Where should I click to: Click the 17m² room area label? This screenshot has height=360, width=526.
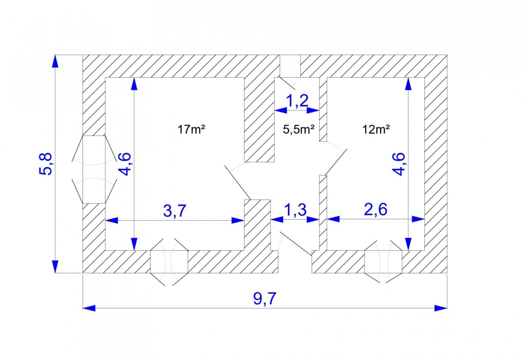pos(192,129)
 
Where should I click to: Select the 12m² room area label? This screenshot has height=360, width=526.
pos(377,129)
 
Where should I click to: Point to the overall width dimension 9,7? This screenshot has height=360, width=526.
pos(265,298)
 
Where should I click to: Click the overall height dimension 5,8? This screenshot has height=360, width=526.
pos(46,164)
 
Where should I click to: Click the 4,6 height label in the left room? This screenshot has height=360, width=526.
pos(125,164)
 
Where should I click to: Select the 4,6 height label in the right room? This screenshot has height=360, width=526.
pos(398,164)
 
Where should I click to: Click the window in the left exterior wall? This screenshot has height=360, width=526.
pos(94,169)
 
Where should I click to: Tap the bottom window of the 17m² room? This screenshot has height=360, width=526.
pos(169,262)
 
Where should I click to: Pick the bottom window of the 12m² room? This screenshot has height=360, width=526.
pos(383,261)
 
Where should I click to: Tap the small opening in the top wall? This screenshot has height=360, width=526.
pos(290,66)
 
